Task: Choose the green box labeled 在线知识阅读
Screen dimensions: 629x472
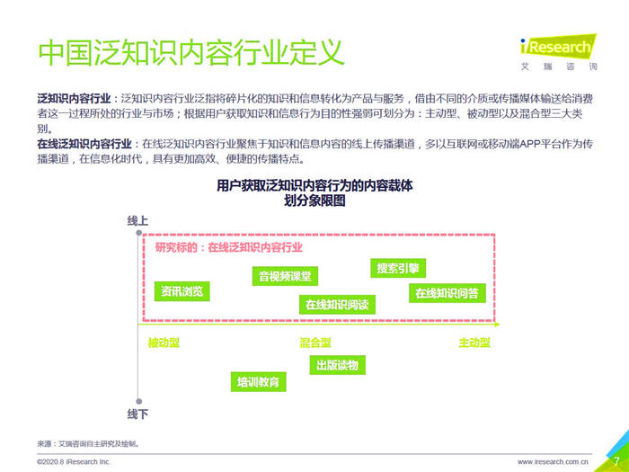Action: coord(336,304)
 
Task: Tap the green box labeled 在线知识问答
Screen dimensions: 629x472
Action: coord(447,292)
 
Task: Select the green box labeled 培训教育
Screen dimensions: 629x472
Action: coord(259,381)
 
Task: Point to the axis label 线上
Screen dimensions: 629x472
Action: coord(137,221)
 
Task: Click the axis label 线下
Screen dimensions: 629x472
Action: coord(137,414)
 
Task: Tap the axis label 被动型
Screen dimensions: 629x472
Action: coord(164,343)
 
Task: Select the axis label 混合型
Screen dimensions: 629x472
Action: coord(315,343)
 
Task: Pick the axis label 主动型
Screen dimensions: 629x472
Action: coord(474,343)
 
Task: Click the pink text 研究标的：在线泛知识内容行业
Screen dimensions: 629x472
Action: coord(228,247)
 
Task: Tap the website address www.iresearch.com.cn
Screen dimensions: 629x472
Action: coord(553,461)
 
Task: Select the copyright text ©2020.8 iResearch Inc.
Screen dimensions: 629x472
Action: coord(74,461)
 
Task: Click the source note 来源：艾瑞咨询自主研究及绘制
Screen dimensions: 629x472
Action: coord(88,443)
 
